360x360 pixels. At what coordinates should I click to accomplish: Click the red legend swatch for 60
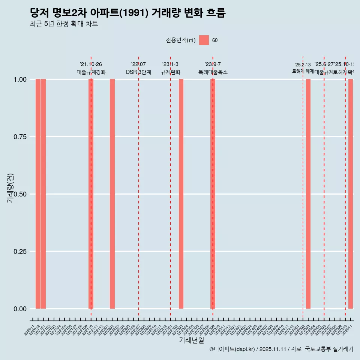(x=204, y=40)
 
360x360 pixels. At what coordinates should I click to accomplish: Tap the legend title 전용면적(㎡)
(x=181, y=40)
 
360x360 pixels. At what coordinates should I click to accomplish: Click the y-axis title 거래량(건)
(x=10, y=187)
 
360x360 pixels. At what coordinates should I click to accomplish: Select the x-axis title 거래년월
(x=192, y=340)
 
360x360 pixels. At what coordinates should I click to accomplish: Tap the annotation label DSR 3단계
(x=138, y=72)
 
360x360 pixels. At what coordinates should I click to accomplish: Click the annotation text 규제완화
(x=171, y=72)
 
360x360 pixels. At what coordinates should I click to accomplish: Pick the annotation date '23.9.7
(x=213, y=64)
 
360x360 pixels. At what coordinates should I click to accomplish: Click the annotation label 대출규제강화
(x=91, y=72)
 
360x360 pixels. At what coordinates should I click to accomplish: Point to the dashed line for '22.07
(x=139, y=187)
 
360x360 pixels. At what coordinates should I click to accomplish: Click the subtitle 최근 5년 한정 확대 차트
(x=64, y=24)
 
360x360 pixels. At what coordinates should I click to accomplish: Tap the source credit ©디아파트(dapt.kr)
(x=232, y=349)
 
